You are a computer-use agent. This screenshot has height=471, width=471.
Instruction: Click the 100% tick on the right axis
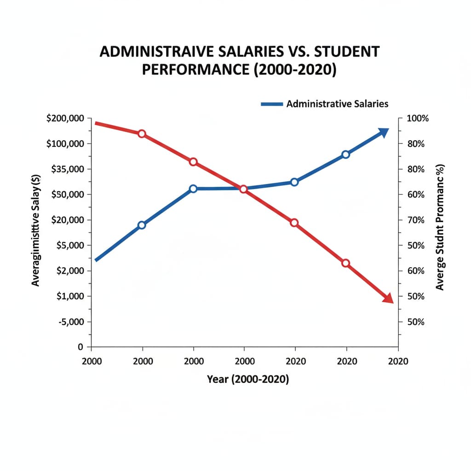point(418,118)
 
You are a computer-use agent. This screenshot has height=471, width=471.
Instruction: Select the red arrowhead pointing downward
point(388,298)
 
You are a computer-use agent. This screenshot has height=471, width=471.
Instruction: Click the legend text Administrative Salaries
point(337,103)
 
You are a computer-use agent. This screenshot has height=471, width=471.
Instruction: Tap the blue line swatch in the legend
point(271,104)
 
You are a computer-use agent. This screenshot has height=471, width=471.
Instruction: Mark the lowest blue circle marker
point(142,225)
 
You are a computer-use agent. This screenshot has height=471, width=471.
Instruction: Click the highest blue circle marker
point(346,155)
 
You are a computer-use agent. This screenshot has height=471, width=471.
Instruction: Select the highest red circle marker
point(142,134)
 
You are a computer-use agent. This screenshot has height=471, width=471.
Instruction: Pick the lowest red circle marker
point(346,263)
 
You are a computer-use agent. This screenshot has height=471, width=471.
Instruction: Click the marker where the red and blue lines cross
point(244,189)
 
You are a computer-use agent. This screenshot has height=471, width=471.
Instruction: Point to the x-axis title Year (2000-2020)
point(248,379)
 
